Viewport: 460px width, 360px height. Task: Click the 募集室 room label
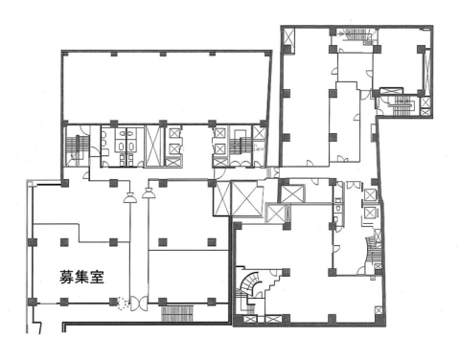(x=81, y=277)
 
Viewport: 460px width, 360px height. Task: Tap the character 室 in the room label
(x=97, y=277)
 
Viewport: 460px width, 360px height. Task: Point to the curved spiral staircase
(x=250, y=284)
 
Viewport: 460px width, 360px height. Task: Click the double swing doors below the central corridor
(x=139, y=304)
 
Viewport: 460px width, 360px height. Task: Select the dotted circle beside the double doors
(x=123, y=304)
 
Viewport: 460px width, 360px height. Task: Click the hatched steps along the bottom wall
(x=177, y=313)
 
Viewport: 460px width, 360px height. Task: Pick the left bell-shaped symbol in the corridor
(x=130, y=198)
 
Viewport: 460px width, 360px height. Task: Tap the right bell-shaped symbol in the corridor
(x=149, y=193)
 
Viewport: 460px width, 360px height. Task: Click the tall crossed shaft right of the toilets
(x=154, y=146)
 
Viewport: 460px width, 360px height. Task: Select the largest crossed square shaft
(x=246, y=198)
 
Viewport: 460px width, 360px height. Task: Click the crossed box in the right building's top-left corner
(x=287, y=37)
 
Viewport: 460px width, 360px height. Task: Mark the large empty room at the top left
(x=166, y=87)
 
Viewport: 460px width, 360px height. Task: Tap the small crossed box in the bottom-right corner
(x=379, y=310)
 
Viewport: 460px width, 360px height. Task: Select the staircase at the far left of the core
(x=77, y=146)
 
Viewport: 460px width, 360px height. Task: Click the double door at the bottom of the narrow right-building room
(x=341, y=159)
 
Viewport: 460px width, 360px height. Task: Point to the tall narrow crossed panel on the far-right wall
(x=427, y=70)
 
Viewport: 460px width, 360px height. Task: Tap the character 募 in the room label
(x=67, y=277)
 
